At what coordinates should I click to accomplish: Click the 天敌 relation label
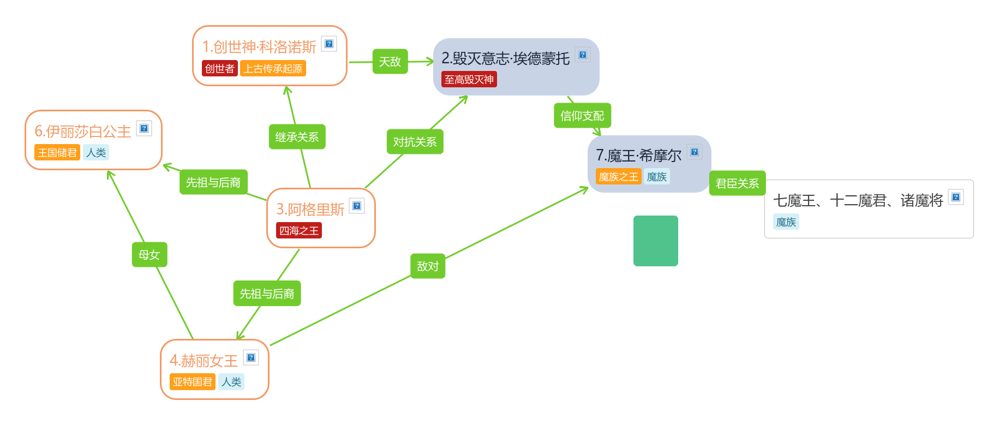point(390,62)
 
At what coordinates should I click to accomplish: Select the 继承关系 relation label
point(297,137)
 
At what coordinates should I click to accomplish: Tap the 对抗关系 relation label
point(415,142)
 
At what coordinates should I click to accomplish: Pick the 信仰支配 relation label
point(582,116)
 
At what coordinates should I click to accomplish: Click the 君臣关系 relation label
point(737,183)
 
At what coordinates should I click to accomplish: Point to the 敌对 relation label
point(428,266)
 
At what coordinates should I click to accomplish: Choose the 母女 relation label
point(149,255)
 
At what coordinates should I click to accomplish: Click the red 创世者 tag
point(219,68)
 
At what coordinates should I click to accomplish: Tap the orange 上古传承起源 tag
point(273,68)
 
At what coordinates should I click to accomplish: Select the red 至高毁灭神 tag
point(469,80)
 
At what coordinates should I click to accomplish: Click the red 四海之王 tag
point(298,231)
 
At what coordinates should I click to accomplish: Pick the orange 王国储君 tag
point(57,152)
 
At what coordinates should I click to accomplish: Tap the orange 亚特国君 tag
point(192,382)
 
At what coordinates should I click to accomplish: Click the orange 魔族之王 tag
point(618,177)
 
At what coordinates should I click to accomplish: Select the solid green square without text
point(655,241)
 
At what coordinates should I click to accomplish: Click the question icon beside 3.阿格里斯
point(357,206)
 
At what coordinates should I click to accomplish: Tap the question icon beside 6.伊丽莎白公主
point(144,128)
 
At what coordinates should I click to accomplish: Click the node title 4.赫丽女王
point(204,361)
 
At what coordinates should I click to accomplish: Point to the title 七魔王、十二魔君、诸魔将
point(858,201)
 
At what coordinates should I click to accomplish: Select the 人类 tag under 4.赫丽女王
point(231,382)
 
